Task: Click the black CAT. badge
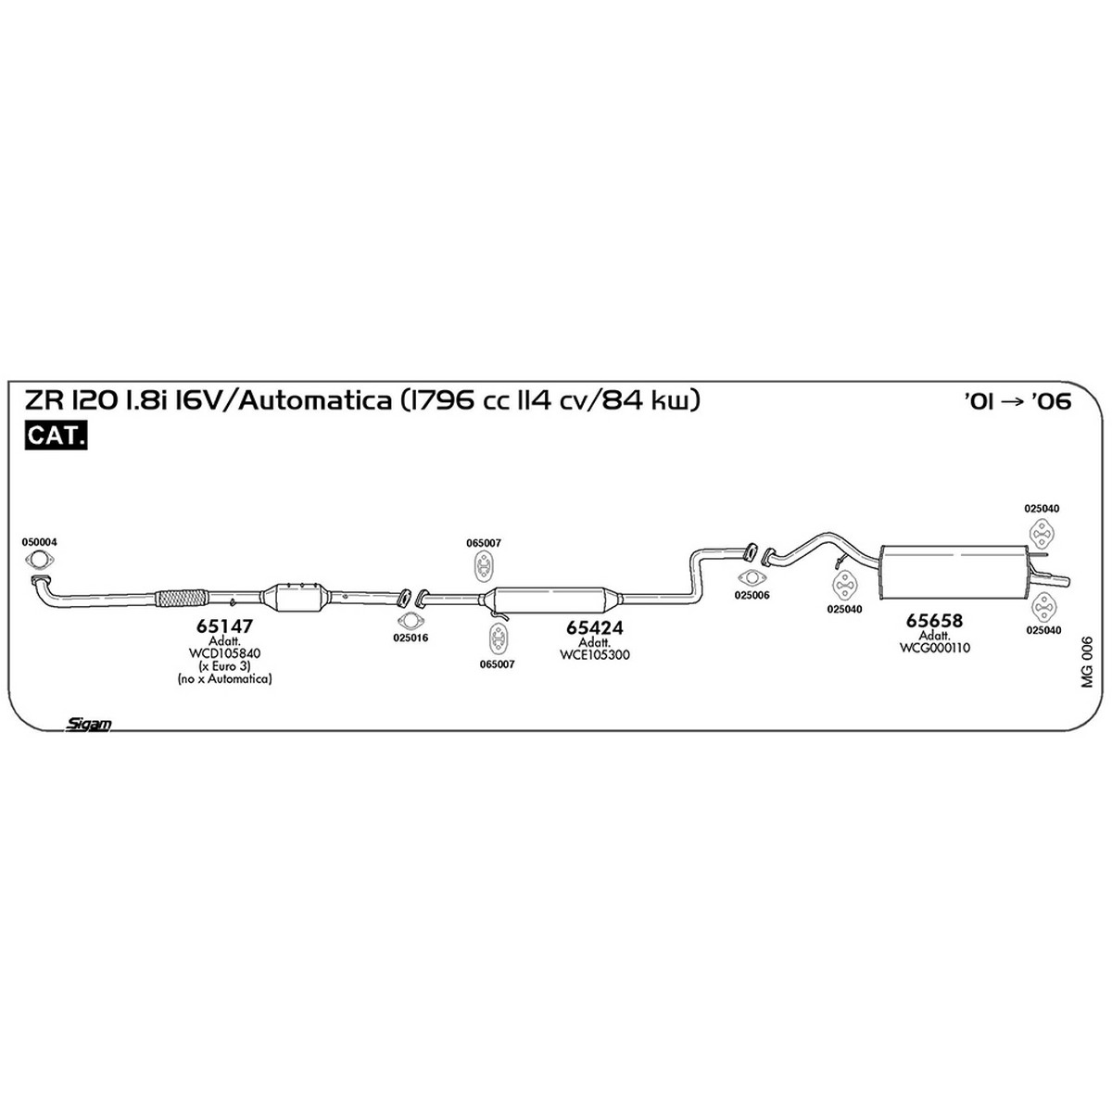[56, 436]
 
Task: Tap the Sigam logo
[88, 725]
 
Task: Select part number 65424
[594, 627]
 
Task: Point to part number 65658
[934, 620]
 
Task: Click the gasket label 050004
[39, 542]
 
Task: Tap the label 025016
[411, 638]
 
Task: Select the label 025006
[752, 595]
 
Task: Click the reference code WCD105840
[224, 653]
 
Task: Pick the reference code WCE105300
[594, 654]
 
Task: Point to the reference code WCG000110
[934, 648]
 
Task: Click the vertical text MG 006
[1087, 662]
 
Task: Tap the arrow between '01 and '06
[1015, 401]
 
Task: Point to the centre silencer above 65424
[552, 600]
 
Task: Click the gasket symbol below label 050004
[39, 559]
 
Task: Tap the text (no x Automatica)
[224, 678]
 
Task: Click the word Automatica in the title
[314, 400]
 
